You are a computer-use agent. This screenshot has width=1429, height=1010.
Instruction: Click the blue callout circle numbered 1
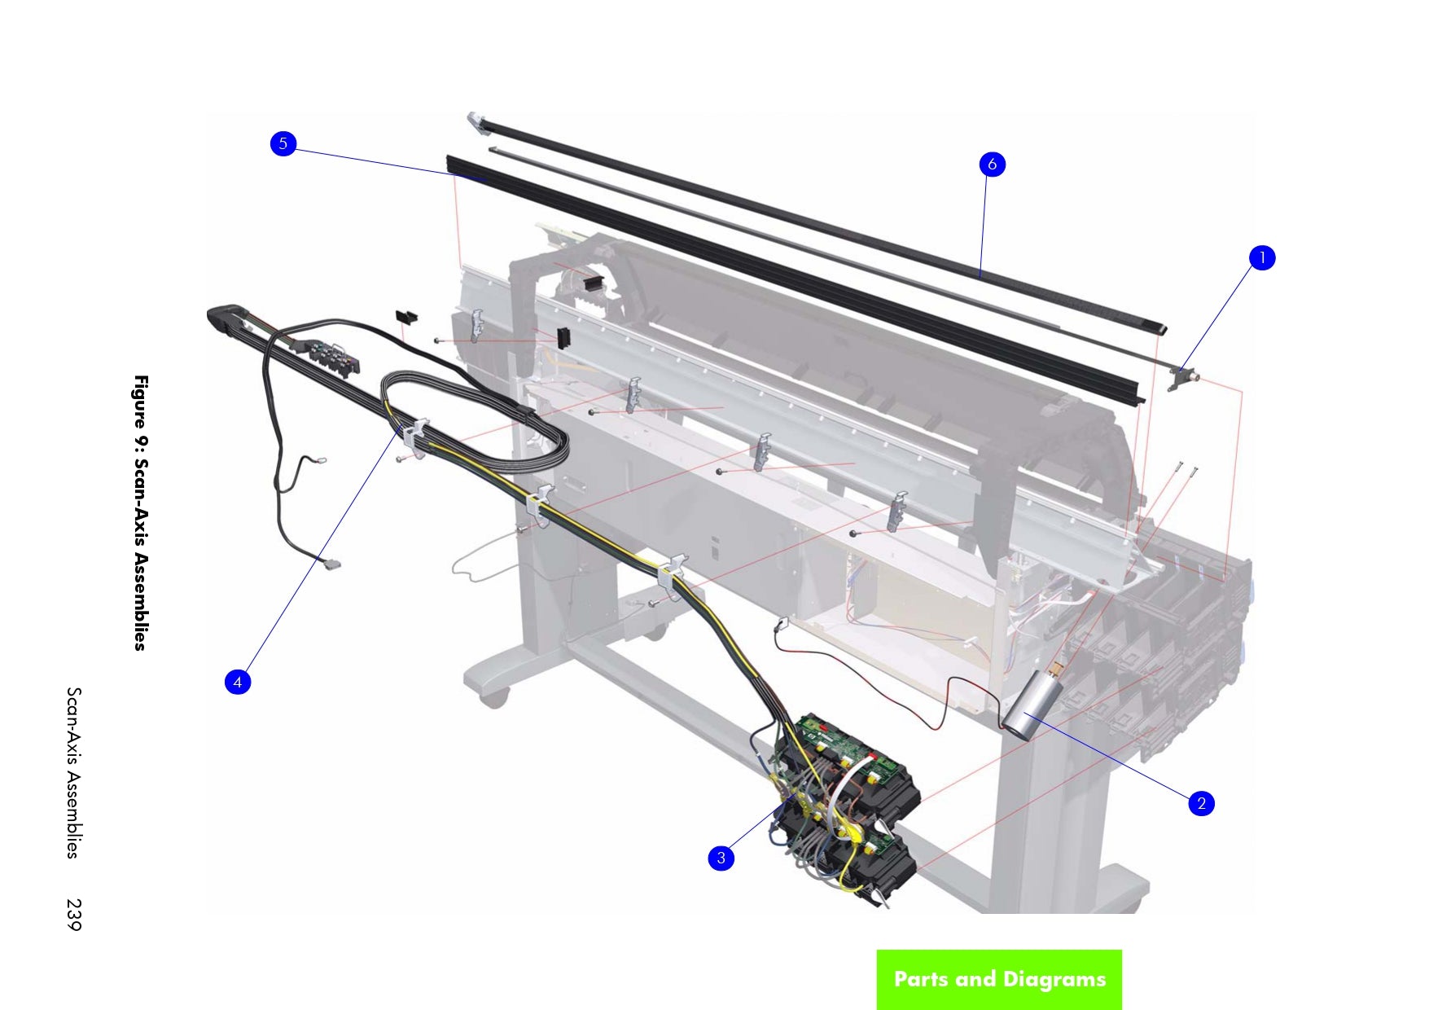pyautogui.click(x=1261, y=258)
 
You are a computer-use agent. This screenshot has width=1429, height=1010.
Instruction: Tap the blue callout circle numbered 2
pyautogui.click(x=1200, y=803)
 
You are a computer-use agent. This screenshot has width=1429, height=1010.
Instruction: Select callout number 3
pyautogui.click(x=721, y=858)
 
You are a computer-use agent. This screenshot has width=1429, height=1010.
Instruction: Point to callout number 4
pyautogui.click(x=238, y=682)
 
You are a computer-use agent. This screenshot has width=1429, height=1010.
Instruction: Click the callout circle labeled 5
pyautogui.click(x=283, y=144)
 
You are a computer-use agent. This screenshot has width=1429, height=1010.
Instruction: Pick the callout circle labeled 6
pyautogui.click(x=992, y=165)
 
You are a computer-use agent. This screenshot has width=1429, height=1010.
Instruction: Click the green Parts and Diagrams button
pyautogui.click(x=999, y=979)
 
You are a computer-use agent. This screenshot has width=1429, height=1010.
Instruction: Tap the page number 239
pyautogui.click(x=74, y=914)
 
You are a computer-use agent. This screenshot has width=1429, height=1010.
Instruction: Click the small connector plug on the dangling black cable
pyautogui.click(x=332, y=564)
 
